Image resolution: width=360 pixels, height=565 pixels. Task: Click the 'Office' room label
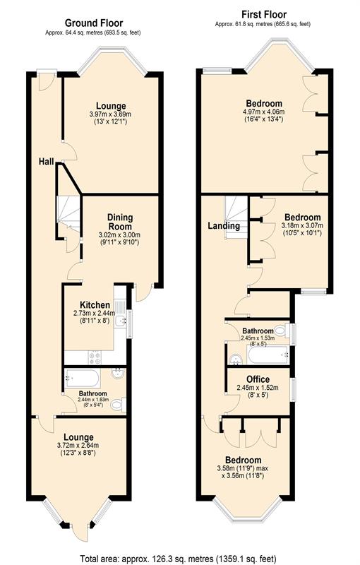[x=258, y=379]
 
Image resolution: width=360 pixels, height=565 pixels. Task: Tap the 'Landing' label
[x=224, y=226]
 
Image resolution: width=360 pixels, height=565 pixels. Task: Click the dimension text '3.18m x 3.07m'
[x=302, y=225]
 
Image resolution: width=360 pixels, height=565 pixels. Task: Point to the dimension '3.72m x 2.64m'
[x=78, y=446]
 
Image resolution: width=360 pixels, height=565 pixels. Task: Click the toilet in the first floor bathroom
[x=280, y=331]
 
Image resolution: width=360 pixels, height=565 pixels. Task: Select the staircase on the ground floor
[x=68, y=212]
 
